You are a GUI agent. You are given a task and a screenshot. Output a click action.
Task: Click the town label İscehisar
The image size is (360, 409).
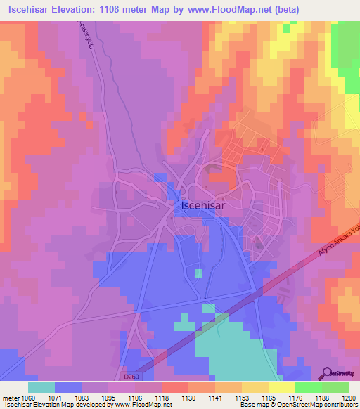point(203,207)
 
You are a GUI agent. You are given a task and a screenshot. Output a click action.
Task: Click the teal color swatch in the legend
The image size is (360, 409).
point(41,387)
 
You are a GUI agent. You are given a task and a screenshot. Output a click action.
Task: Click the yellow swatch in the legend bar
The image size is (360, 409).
point(282,387)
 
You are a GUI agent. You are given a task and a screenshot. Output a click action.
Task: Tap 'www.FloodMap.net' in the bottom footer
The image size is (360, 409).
point(139,405)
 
